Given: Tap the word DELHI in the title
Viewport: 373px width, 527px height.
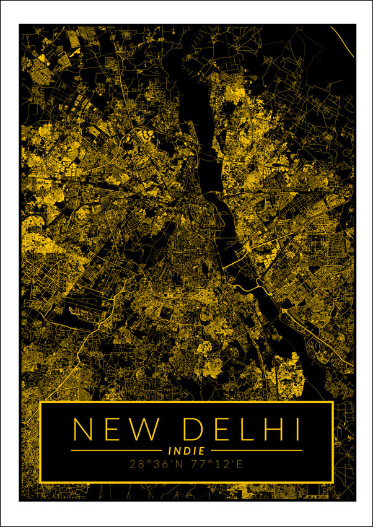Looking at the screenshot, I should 242,429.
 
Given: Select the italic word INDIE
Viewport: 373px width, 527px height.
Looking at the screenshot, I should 186,451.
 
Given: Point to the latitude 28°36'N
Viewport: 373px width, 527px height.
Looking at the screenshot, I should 157,463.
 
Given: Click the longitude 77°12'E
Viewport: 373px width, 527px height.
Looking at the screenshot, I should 216,463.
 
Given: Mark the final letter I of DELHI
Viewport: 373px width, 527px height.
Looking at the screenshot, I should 297,429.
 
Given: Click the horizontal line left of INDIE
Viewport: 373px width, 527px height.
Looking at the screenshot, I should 118,450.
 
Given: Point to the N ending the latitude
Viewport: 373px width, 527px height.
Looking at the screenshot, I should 180,463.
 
